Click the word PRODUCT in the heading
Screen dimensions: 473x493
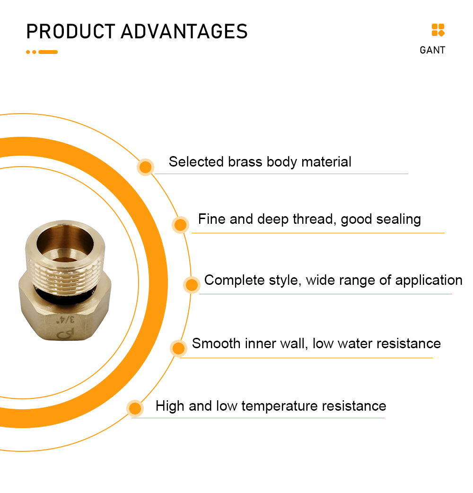point(71,31)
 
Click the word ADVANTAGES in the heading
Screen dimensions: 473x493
point(184,31)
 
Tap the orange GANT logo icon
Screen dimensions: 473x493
point(438,30)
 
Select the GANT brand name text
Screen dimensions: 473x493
point(432,50)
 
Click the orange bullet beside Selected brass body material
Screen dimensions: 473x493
point(146,167)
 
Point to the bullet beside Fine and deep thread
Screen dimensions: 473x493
point(180,225)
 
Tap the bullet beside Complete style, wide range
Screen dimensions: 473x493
point(192,285)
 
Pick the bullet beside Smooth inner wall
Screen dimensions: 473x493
point(178,348)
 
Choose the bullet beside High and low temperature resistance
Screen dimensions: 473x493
point(135,408)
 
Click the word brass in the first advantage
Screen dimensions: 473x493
point(245,162)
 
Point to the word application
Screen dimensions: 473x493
point(429,281)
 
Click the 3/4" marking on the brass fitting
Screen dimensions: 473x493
point(66,320)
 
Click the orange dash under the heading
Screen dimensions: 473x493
point(48,52)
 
